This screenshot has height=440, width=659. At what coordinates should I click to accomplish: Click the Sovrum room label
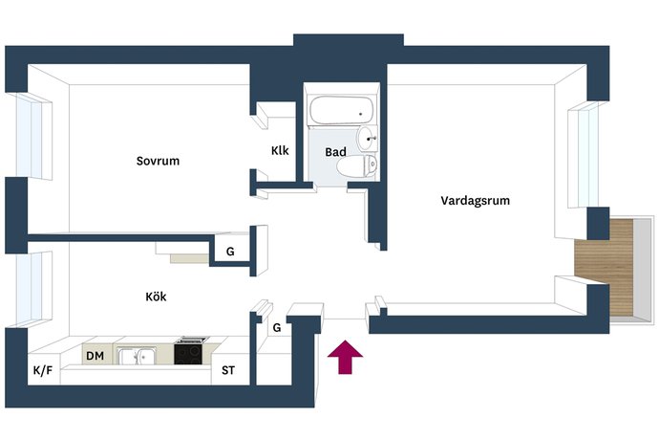point(158,161)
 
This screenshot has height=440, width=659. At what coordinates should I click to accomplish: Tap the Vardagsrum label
point(475,201)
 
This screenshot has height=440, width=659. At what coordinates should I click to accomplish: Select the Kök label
point(156,297)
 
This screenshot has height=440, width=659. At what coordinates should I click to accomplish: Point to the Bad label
point(335,152)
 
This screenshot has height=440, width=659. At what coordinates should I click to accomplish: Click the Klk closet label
point(280,150)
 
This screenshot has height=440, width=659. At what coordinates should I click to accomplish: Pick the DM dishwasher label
point(95,356)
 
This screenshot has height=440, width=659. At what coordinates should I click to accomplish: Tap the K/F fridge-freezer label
point(43,370)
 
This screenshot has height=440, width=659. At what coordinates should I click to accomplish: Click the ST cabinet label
point(228,370)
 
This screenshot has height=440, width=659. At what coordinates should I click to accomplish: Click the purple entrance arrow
point(345,357)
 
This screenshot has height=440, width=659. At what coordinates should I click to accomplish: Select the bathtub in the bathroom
point(341,110)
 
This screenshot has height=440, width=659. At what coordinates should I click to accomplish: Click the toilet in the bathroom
point(357,165)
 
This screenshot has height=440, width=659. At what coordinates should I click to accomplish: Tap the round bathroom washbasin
point(367,139)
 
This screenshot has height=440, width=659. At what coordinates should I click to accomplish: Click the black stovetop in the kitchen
point(189,352)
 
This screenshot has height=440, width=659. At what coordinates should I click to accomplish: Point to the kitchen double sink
point(137,356)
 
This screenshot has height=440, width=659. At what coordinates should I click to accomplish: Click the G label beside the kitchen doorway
point(230,252)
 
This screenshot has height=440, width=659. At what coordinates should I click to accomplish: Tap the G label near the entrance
point(277,327)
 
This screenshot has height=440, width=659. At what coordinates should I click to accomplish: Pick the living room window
point(584,155)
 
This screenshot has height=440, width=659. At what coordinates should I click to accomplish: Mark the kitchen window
point(34,289)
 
